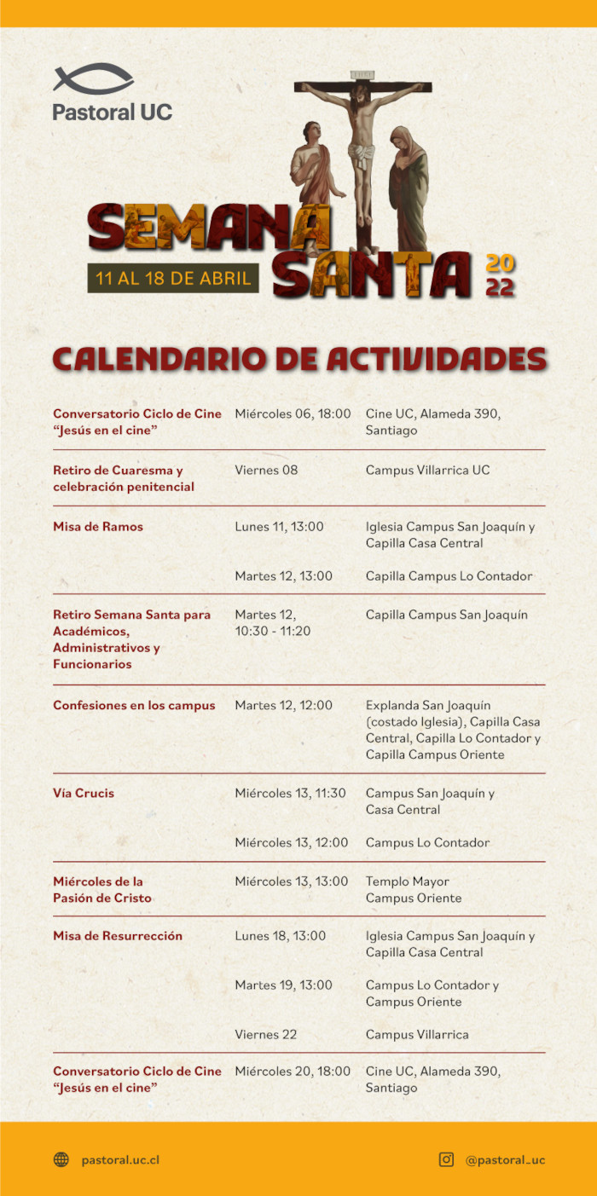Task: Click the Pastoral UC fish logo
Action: (93, 78)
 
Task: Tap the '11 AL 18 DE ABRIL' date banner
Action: (173, 278)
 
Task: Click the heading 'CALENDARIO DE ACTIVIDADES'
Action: (298, 359)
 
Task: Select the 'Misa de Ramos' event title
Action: (98, 527)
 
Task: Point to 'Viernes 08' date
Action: (266, 470)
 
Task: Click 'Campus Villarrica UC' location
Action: (427, 470)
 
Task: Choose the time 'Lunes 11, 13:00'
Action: (279, 527)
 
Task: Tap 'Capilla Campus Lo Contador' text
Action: (449, 576)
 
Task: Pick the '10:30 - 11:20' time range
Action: (273, 632)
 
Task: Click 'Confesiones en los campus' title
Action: (134, 706)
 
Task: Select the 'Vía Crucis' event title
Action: (84, 794)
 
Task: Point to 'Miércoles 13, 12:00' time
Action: (291, 843)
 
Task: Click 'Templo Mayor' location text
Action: (407, 881)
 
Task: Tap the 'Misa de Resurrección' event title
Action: (118, 936)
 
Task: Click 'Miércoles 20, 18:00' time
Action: (293, 1072)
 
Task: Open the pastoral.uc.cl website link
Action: (120, 1159)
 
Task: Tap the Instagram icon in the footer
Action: (446, 1159)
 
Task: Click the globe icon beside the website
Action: (61, 1159)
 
